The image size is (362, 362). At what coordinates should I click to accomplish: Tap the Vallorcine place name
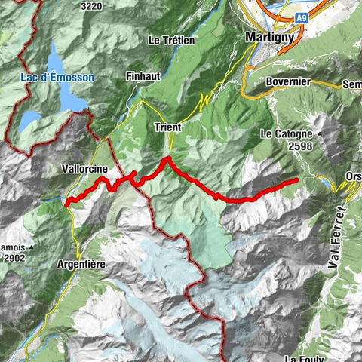click(83, 170)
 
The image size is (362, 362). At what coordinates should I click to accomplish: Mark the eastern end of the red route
click(296, 179)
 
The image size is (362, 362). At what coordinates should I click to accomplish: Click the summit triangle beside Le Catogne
click(320, 134)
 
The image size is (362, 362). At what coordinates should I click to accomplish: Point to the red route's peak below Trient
click(167, 159)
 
